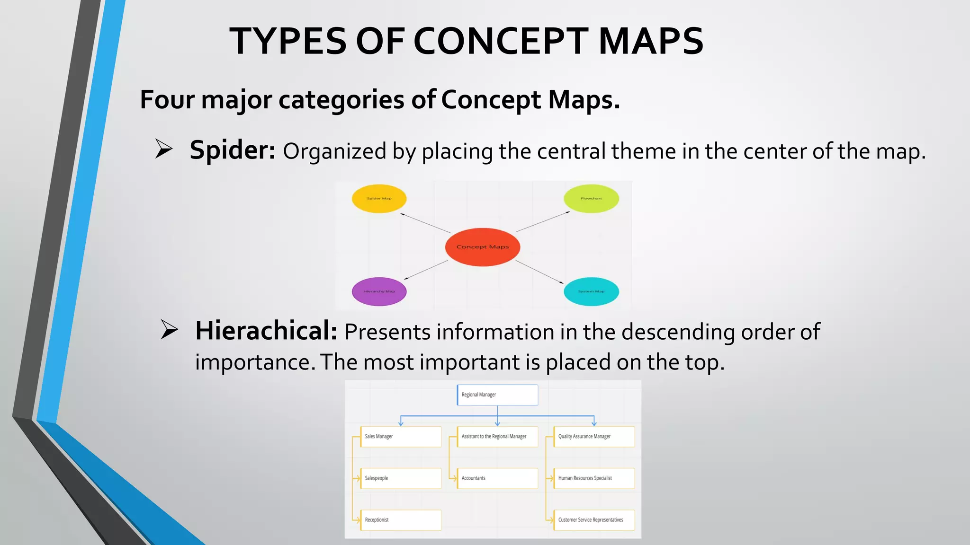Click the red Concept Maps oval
pyautogui.click(x=483, y=247)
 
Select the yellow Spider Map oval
pyautogui.click(x=379, y=198)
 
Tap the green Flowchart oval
pyautogui.click(x=591, y=198)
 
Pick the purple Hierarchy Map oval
pyautogui.click(x=379, y=291)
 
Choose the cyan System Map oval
pyautogui.click(x=591, y=291)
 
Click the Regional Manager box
pyautogui.click(x=497, y=395)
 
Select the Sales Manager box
pyautogui.click(x=401, y=436)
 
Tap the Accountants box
pyautogui.click(x=497, y=478)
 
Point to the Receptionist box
pyautogui.click(x=401, y=519)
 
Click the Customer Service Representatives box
pyautogui.click(x=594, y=519)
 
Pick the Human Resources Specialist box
pyautogui.click(x=594, y=478)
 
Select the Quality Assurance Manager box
pyautogui.click(x=594, y=436)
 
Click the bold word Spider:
pyautogui.click(x=232, y=151)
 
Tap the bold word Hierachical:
pyautogui.click(x=266, y=331)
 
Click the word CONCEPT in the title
pyautogui.click(x=501, y=41)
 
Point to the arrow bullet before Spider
pyautogui.click(x=164, y=149)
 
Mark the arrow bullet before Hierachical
pyautogui.click(x=169, y=329)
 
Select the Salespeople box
pyautogui.click(x=401, y=478)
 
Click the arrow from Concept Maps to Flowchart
pyautogui.click(x=543, y=221)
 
